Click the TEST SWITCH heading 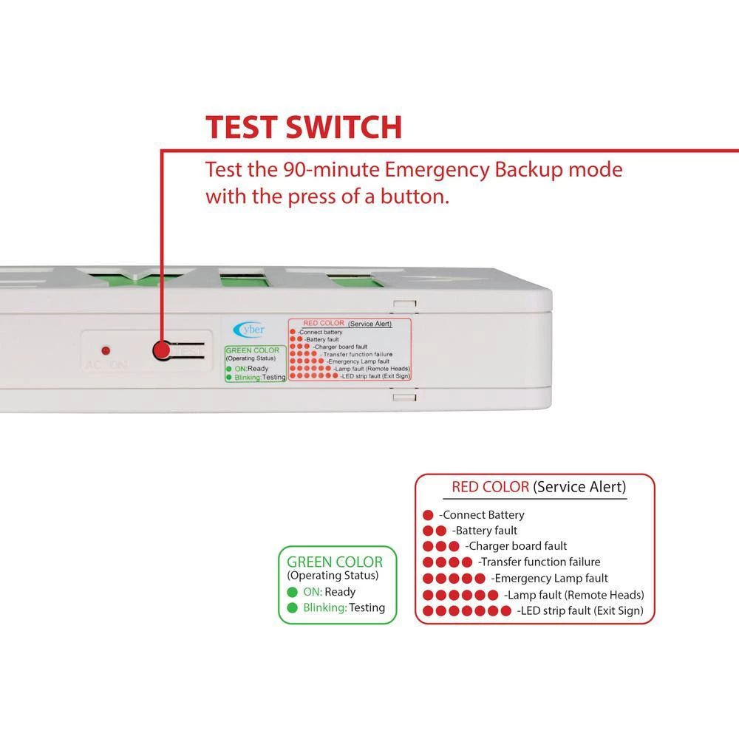click(x=303, y=127)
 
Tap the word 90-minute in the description click(x=329, y=170)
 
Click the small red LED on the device click(x=106, y=349)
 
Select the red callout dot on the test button click(x=160, y=350)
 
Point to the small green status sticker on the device click(x=254, y=363)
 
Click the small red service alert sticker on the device click(x=349, y=350)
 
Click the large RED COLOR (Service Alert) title click(x=539, y=487)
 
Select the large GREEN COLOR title click(x=335, y=562)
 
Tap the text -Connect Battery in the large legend click(x=481, y=515)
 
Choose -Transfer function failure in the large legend click(x=539, y=562)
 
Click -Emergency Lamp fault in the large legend click(x=551, y=578)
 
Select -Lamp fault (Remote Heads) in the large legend click(x=573, y=594)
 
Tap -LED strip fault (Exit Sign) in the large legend click(x=580, y=610)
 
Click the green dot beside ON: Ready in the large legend click(x=292, y=592)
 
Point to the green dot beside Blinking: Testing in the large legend click(x=292, y=608)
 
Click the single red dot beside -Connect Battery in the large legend click(x=427, y=515)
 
